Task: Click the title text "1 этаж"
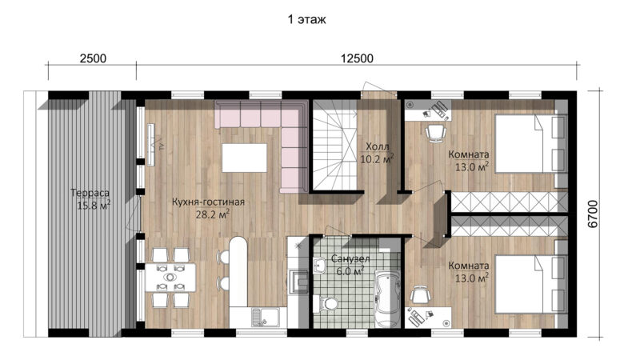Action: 306,19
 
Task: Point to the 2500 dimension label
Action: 93,58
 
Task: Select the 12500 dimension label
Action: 357,58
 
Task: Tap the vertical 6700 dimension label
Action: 593,214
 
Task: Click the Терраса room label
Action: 90,193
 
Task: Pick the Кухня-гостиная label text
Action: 208,202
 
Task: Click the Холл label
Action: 377,146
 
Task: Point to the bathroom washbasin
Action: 319,266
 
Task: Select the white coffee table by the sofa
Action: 245,158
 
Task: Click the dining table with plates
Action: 170,277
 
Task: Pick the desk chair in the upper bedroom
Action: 436,133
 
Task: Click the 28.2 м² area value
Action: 212,214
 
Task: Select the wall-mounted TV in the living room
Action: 150,145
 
